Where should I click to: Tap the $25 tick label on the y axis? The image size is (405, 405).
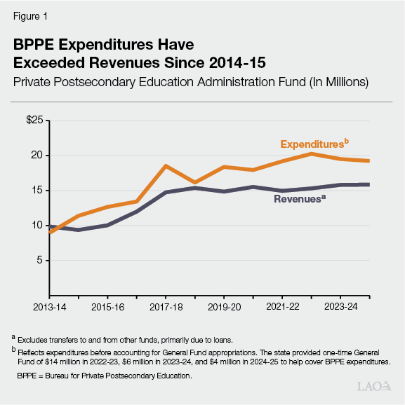(35, 121)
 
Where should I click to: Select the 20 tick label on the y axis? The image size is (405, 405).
(38, 156)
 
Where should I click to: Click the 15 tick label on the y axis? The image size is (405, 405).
(38, 191)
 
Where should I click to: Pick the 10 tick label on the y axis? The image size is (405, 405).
(38, 226)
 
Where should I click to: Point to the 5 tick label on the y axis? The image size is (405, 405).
(41, 261)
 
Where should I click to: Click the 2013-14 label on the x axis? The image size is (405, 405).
(51, 306)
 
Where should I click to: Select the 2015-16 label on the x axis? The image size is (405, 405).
(108, 306)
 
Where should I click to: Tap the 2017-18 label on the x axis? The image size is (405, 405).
(166, 306)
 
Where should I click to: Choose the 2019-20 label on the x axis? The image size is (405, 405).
(224, 306)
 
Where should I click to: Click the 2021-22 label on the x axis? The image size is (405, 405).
(282, 306)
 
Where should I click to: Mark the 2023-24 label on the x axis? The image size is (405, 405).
(340, 306)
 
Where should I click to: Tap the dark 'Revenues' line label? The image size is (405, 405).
(299, 199)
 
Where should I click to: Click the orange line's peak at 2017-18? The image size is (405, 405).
(166, 166)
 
